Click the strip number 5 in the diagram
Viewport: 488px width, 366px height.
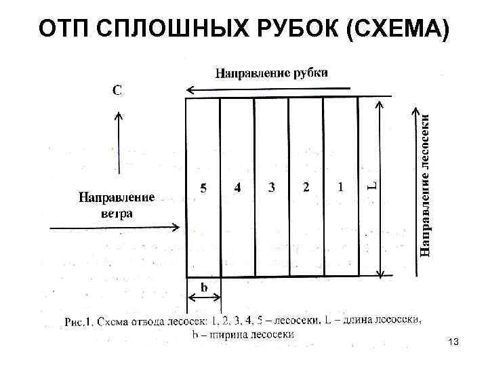203,188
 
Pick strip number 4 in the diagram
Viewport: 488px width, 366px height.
237,188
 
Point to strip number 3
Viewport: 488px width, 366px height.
272,188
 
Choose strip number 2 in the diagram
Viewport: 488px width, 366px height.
306,187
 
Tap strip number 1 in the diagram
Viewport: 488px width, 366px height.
340,186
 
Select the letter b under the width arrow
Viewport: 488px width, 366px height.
203,287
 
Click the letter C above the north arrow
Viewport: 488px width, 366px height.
117,90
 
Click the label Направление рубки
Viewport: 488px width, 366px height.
272,72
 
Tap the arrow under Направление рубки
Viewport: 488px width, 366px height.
268,89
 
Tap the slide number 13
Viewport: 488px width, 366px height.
453,344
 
